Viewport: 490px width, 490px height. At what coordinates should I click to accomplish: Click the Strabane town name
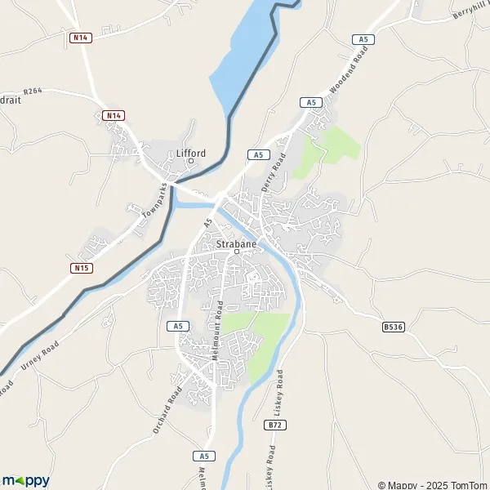tap(237, 243)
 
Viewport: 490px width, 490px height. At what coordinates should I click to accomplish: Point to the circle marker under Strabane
tap(237, 252)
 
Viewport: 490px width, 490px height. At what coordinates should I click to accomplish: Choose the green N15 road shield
tap(80, 268)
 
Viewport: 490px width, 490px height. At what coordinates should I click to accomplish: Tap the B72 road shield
tap(275, 425)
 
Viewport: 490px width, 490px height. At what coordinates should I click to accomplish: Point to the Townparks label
tap(158, 201)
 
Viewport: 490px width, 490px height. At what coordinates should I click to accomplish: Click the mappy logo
tap(25, 480)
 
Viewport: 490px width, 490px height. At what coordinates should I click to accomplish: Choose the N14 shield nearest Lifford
tap(114, 116)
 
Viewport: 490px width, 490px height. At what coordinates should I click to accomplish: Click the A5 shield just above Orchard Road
tap(179, 326)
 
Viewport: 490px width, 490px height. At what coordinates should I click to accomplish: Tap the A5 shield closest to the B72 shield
tap(204, 455)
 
